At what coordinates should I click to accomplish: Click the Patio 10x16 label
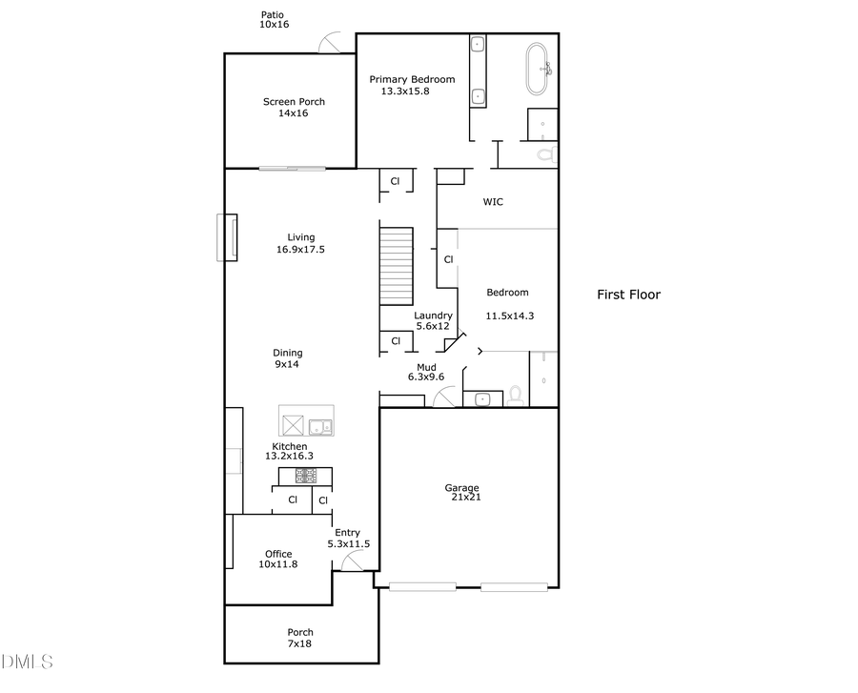coord(274,20)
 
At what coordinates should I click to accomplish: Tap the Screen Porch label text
coord(294,107)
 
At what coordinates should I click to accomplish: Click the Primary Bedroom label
coord(412,85)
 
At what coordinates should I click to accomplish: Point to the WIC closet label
coord(493,202)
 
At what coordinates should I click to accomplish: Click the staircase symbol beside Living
coord(397,266)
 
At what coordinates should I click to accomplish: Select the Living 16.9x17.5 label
coord(301,244)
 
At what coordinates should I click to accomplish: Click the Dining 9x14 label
coord(288,358)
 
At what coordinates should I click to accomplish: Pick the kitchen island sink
coord(319,426)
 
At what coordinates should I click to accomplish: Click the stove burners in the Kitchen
coord(311,475)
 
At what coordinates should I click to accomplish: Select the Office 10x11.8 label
coord(278,559)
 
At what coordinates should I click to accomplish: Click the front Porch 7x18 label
coord(300,638)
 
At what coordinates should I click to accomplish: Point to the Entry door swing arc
coord(349,562)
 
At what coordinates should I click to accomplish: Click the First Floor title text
coord(628,295)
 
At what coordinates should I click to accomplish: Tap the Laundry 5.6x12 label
coord(432,320)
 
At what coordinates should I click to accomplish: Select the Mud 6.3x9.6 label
coord(426,372)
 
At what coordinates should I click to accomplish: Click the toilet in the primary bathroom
coord(545,153)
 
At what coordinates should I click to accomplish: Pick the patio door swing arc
coord(334,42)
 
